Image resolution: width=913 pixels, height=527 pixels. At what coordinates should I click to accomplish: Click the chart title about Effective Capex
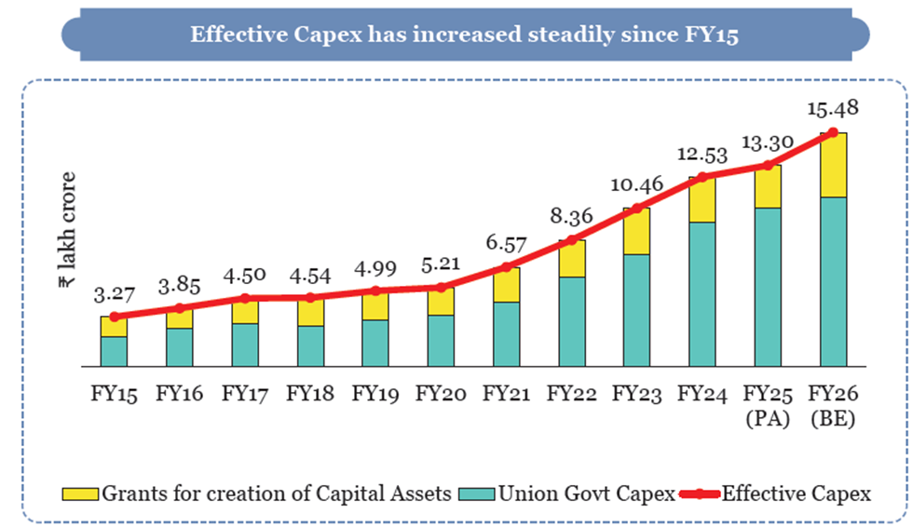(x=465, y=34)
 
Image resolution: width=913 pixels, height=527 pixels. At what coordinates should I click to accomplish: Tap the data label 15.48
(x=832, y=109)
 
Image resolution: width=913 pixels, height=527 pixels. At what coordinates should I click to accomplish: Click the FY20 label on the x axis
(x=441, y=394)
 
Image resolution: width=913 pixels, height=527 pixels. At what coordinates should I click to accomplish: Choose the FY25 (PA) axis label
(x=768, y=405)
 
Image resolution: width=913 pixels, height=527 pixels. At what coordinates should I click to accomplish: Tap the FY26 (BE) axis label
(x=833, y=405)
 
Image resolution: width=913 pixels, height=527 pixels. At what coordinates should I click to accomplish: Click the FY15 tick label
(x=114, y=394)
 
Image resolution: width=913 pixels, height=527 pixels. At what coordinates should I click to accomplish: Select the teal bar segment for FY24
(x=702, y=294)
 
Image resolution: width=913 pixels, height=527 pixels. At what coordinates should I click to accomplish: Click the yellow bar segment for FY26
(x=833, y=165)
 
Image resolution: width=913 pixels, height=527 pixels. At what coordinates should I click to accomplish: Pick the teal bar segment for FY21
(x=506, y=334)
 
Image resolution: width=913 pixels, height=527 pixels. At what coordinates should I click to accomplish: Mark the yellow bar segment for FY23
(x=637, y=231)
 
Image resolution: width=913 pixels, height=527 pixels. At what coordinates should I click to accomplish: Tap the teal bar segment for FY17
(x=244, y=345)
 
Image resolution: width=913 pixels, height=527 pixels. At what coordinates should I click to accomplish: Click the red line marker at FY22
(x=572, y=241)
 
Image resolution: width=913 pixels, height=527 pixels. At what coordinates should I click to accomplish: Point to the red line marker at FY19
(x=375, y=291)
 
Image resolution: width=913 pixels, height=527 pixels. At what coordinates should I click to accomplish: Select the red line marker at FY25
(x=768, y=165)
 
